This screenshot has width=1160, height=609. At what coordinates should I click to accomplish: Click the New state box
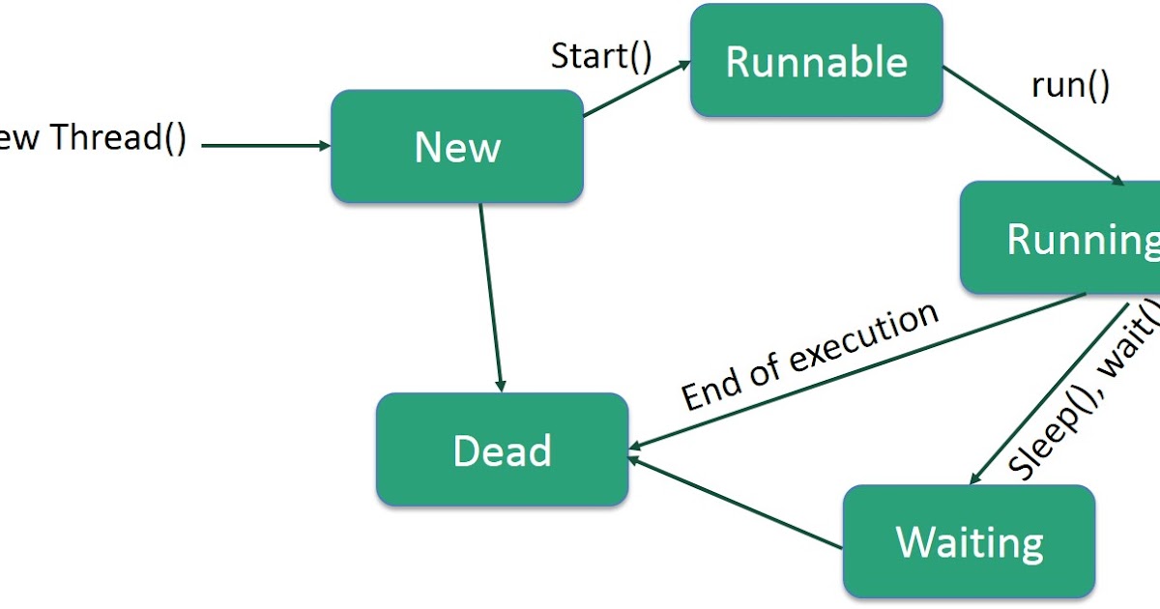[x=457, y=147]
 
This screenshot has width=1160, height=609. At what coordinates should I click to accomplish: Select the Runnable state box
[x=817, y=62]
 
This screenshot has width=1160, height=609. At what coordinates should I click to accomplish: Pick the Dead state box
[x=502, y=450]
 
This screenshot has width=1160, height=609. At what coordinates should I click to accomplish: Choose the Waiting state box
[x=970, y=542]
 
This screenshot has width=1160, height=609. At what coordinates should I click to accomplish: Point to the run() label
[x=1070, y=85]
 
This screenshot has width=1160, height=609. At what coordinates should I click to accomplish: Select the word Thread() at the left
[x=118, y=137]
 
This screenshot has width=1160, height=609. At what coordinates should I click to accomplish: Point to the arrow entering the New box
[x=266, y=146]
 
